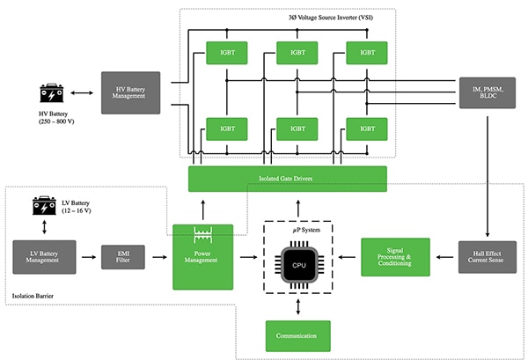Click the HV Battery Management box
pyautogui.click(x=130, y=92)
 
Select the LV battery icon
pyautogui.click(x=44, y=206)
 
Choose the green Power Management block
pyautogui.click(x=202, y=257)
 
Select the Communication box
pyautogui.click(x=297, y=335)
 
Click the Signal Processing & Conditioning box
pyautogui.click(x=395, y=257)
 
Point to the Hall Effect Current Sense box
pyautogui.click(x=488, y=257)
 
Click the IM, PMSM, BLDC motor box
pyautogui.click(x=488, y=92)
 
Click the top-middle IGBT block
pyautogui.click(x=297, y=53)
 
